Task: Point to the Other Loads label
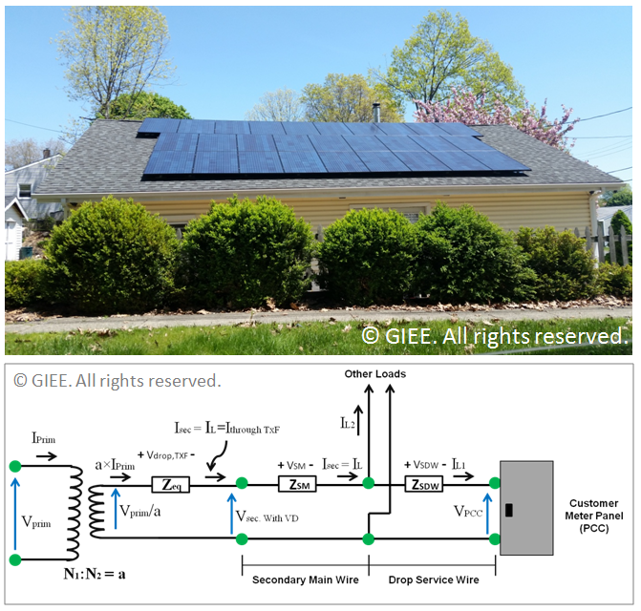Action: (374, 373)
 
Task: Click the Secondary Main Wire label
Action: (304, 579)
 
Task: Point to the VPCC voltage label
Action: (473, 511)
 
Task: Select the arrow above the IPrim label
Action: (46, 456)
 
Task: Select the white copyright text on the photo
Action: (494, 335)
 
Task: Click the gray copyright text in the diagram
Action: (117, 381)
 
